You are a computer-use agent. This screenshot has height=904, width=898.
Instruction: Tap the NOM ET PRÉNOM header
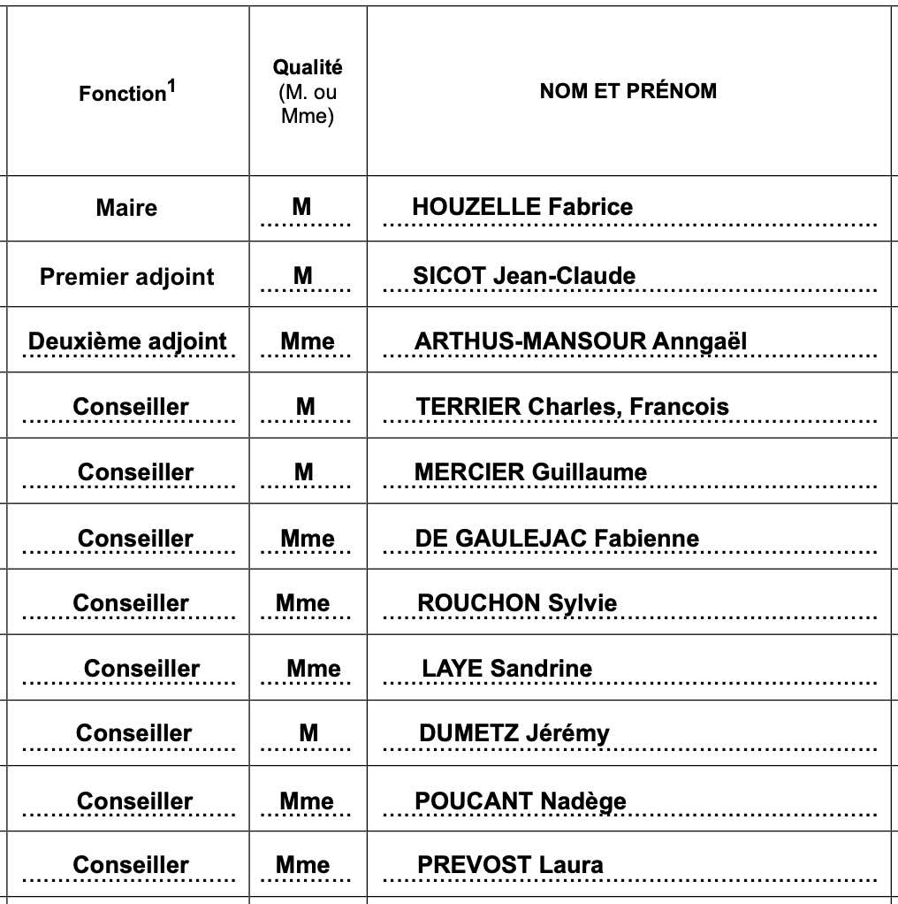[x=628, y=91]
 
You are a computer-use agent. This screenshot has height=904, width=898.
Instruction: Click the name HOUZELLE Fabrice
[x=522, y=207]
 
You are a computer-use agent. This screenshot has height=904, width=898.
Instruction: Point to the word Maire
[x=126, y=208]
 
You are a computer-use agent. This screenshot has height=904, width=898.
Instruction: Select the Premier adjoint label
[x=127, y=277]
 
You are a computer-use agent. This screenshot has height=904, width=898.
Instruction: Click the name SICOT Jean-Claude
[x=524, y=276]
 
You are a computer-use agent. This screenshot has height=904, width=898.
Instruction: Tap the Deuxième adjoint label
[x=127, y=341]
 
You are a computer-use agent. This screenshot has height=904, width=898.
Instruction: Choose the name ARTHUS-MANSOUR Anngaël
[x=581, y=341]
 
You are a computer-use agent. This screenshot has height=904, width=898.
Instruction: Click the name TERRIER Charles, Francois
[x=573, y=407]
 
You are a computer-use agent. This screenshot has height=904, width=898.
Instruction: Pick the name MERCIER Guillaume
[x=530, y=472]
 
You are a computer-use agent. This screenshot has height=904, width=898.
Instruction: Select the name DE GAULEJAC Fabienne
[x=557, y=539]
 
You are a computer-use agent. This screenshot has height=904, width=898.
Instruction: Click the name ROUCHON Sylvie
[x=517, y=603]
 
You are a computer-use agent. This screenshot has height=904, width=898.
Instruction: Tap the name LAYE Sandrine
[x=507, y=669]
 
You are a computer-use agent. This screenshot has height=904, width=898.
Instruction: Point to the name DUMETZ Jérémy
[x=514, y=733]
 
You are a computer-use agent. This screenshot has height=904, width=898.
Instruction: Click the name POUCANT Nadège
[x=521, y=801]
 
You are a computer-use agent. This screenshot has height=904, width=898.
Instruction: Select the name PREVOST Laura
[x=511, y=865]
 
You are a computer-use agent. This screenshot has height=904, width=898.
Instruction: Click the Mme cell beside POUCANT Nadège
[x=307, y=801]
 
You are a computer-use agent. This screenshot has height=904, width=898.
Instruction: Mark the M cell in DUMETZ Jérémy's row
[x=308, y=733]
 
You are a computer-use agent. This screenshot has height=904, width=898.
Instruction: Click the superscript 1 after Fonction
[x=171, y=87]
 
